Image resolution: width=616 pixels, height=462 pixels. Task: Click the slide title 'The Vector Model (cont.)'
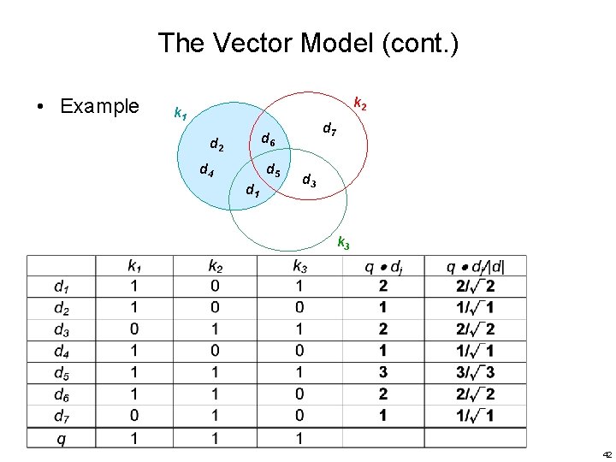tap(308, 44)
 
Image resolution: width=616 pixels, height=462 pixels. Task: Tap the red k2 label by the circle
tap(361, 104)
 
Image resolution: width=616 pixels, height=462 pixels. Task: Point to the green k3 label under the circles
tap(343, 243)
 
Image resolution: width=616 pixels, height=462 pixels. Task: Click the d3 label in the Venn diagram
tap(310, 181)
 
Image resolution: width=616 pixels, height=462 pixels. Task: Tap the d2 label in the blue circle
tap(217, 146)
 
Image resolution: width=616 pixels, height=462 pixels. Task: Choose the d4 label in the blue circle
tap(206, 169)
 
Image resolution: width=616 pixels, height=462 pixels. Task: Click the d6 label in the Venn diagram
tap(268, 138)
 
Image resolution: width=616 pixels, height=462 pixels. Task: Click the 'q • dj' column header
tap(382, 266)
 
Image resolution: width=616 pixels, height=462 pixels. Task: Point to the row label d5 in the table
tap(62, 373)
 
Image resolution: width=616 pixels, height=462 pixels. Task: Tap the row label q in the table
tap(62, 438)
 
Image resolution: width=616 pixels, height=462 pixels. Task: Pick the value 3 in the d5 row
tap(382, 373)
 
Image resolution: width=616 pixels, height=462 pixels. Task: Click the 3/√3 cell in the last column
tap(476, 373)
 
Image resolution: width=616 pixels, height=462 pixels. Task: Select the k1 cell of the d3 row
tap(134, 329)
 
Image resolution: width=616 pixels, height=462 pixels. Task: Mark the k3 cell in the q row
tap(300, 438)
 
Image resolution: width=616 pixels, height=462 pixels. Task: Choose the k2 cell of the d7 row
tap(215, 417)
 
